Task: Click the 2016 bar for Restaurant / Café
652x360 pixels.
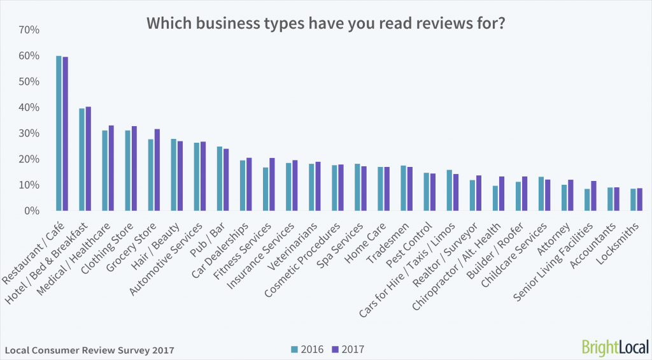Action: (x=59, y=133)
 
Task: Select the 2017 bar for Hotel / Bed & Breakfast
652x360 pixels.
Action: (x=88, y=159)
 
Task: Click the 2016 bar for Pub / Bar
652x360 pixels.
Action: (x=219, y=178)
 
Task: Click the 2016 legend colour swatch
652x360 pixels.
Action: (x=294, y=349)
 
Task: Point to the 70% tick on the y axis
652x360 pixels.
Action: (x=30, y=30)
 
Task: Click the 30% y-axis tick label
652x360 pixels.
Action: (x=30, y=133)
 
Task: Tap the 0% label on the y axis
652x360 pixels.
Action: (x=33, y=211)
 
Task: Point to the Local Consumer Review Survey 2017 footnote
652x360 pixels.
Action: (x=89, y=350)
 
